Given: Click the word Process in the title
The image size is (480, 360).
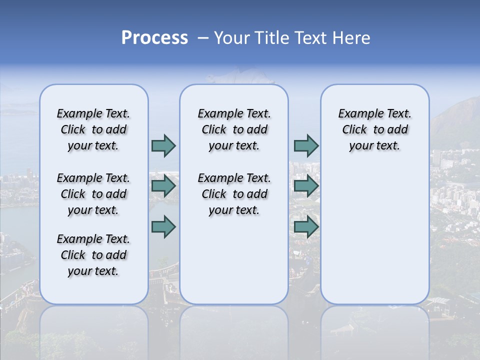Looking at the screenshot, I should pos(154,38).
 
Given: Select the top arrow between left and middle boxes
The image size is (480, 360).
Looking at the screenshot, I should pos(163,145).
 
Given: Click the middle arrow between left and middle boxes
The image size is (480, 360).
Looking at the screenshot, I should pos(163,186).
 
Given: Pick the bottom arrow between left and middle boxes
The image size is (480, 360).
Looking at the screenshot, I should pos(163,227).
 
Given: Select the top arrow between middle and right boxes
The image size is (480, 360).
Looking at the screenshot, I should pos(306,145).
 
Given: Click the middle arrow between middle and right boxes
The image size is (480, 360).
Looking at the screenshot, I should pos(306,186).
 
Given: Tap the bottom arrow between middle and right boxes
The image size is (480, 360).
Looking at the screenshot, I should pos(306,227).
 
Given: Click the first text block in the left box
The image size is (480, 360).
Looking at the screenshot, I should pos(93,129).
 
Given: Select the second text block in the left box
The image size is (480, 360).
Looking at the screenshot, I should pos(93,194).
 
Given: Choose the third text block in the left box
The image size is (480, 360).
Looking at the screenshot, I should pos(93,255).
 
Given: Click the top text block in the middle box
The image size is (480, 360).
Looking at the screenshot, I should pos(234,129).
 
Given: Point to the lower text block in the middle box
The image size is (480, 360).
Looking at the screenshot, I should pos(234,194).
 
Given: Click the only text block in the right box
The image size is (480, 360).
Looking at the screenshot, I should pos(374,129).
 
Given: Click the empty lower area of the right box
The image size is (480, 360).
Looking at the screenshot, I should pos(374,235).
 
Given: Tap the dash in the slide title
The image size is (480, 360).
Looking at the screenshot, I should pos(202,38).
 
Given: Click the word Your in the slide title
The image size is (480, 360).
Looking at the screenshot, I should pos(231,38).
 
